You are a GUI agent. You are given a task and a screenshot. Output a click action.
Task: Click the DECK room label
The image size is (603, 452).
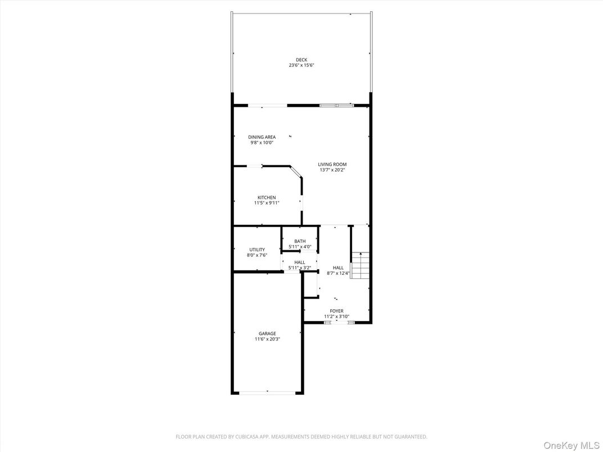[x=301, y=60]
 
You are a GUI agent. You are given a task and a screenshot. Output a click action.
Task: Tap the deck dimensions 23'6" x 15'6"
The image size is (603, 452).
[x=301, y=65]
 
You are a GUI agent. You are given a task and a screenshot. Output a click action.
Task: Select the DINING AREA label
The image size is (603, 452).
[x=262, y=137]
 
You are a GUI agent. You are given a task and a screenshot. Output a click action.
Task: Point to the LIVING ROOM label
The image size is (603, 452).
[x=332, y=165]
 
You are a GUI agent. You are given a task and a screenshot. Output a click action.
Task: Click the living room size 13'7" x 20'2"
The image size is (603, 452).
[x=332, y=170]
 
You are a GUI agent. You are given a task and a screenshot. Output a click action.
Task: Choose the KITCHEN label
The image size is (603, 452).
[x=267, y=197]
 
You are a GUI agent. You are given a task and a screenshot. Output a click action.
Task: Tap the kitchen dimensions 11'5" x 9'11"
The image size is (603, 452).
[x=267, y=203]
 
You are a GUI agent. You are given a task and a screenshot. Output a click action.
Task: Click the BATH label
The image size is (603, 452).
[x=300, y=241]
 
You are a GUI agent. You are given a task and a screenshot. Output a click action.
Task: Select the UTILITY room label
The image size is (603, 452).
[x=257, y=250]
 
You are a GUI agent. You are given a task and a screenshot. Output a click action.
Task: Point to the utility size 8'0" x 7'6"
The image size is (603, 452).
[x=257, y=255]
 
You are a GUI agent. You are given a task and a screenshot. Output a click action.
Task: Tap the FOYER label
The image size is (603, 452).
[x=336, y=311]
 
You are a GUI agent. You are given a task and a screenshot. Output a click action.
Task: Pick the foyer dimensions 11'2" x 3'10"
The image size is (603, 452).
[x=336, y=317]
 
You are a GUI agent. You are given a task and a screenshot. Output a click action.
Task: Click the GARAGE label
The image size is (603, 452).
[x=267, y=333]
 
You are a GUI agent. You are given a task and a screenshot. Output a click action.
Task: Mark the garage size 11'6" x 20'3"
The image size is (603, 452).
[x=267, y=339]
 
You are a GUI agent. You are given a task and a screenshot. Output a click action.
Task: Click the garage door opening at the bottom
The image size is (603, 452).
[x=268, y=392]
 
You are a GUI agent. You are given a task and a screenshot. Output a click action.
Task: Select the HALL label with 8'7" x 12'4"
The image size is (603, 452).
[x=338, y=268]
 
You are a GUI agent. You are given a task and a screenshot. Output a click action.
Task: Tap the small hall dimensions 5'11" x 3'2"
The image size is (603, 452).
[x=300, y=268]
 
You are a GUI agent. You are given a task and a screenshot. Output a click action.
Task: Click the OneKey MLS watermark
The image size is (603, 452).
[x=571, y=445]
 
